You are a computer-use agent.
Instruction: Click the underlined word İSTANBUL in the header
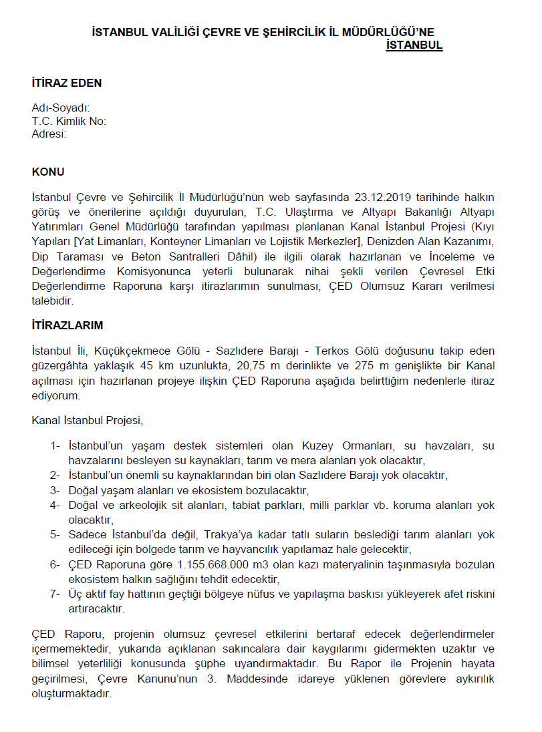[414, 45]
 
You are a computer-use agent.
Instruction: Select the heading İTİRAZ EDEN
[67, 83]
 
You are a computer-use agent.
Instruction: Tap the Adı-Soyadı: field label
[61, 109]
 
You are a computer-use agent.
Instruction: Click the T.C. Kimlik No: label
[69, 121]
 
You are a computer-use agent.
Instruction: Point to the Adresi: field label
[49, 134]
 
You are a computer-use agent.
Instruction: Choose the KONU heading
[48, 172]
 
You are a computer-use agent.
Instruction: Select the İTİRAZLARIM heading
[67, 325]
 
